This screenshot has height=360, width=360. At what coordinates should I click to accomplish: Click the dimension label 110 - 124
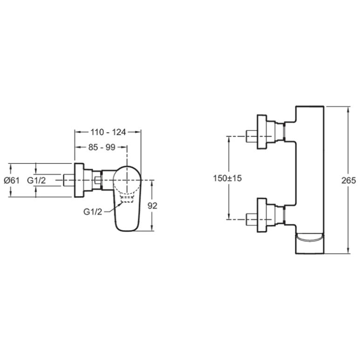(x=108, y=132)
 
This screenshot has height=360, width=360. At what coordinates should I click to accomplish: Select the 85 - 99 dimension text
(x=102, y=147)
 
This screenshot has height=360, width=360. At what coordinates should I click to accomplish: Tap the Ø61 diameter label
(x=12, y=180)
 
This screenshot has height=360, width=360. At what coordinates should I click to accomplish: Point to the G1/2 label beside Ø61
(x=36, y=180)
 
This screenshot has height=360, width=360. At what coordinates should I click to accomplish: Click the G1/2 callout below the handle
(x=93, y=212)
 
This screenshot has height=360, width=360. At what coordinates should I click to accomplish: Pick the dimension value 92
(x=152, y=206)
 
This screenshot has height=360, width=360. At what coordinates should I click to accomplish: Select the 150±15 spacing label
(x=227, y=178)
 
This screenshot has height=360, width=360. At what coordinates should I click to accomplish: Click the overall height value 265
(x=348, y=180)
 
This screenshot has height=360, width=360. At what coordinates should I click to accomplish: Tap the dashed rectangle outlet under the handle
(x=127, y=199)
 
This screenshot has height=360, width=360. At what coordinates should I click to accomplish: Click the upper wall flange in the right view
(x=262, y=132)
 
